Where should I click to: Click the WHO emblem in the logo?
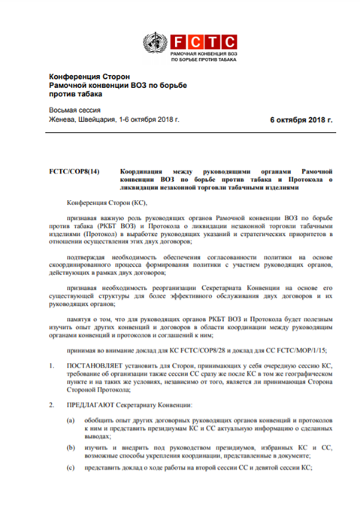[157, 42]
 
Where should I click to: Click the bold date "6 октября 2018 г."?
[301, 119]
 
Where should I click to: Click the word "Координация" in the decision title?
[143, 172]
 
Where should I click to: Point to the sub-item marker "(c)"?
[71, 467]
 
